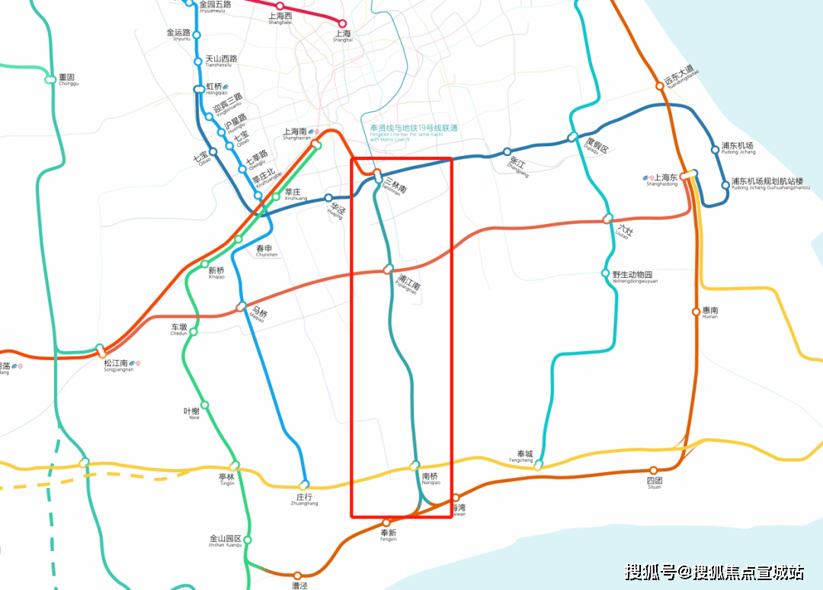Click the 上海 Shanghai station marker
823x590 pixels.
click(x=342, y=24)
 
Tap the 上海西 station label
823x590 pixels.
click(x=281, y=18)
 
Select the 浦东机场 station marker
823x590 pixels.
click(x=715, y=149)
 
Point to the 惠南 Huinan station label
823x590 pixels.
click(x=710, y=311)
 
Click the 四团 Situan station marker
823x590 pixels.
click(x=653, y=470)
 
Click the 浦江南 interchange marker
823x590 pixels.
click(x=389, y=269)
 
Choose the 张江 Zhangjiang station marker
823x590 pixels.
click(x=507, y=151)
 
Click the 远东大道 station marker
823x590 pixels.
click(x=661, y=85)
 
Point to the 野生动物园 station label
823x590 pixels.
click(x=632, y=276)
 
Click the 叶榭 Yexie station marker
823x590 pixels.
click(x=204, y=405)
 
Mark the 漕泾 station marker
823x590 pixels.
click(x=298, y=575)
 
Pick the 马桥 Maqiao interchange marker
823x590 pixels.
click(x=242, y=307)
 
